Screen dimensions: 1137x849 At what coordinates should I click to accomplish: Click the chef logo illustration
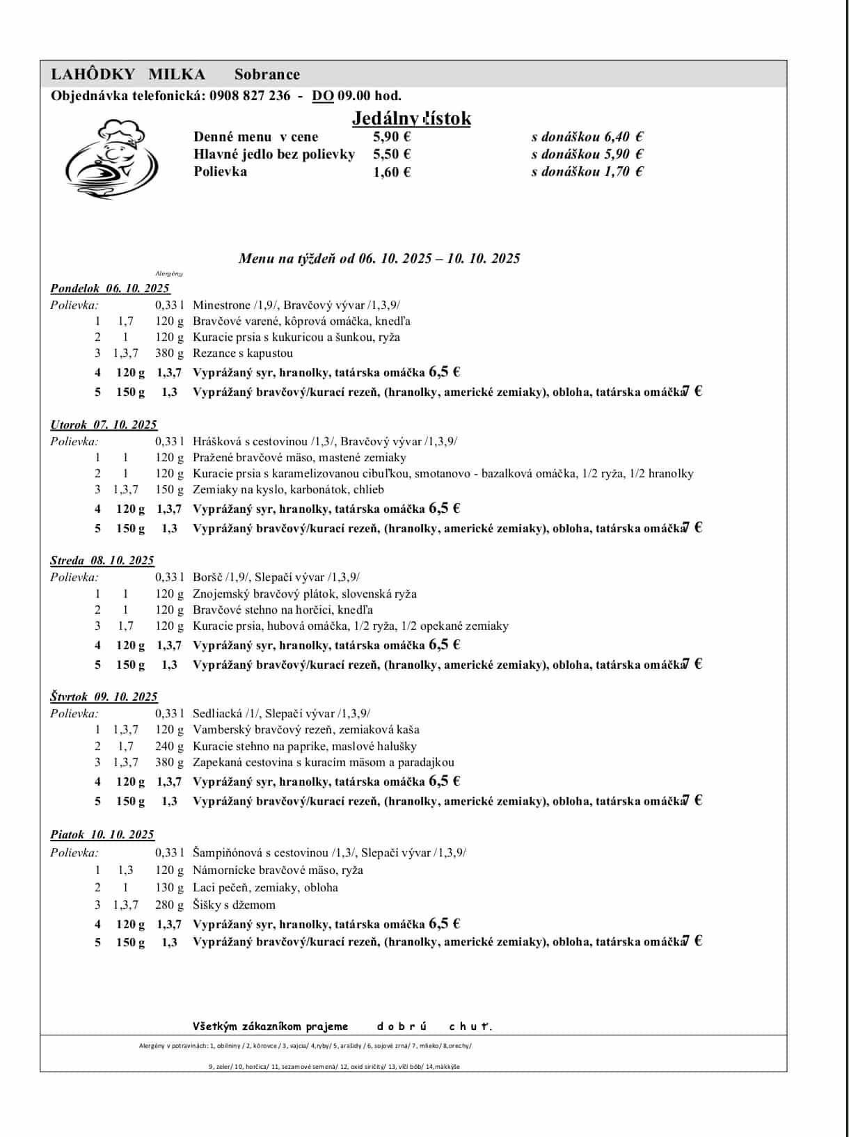111,159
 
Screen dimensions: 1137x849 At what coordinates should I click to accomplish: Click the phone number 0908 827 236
249,96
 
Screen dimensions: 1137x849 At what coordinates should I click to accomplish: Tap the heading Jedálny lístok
411,118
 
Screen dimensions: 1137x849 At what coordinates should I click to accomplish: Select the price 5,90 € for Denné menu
392,137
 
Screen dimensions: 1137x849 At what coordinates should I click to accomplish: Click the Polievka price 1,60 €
392,172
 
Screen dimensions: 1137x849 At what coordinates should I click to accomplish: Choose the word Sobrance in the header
267,74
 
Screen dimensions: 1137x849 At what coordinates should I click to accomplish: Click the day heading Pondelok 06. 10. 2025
110,288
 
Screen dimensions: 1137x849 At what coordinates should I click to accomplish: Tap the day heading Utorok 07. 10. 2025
104,424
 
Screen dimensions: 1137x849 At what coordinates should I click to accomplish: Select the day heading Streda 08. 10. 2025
102,560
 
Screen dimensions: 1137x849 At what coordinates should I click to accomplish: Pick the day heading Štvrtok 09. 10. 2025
104,697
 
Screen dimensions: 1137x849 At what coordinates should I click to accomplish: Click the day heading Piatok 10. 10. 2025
102,834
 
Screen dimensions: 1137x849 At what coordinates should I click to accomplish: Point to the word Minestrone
221,305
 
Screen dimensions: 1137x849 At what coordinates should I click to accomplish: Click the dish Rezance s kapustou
243,353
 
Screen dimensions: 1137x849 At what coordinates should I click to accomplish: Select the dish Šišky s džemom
234,905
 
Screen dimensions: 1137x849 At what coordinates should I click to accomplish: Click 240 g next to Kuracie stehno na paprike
169,746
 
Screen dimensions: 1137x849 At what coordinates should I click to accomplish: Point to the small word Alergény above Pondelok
169,273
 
